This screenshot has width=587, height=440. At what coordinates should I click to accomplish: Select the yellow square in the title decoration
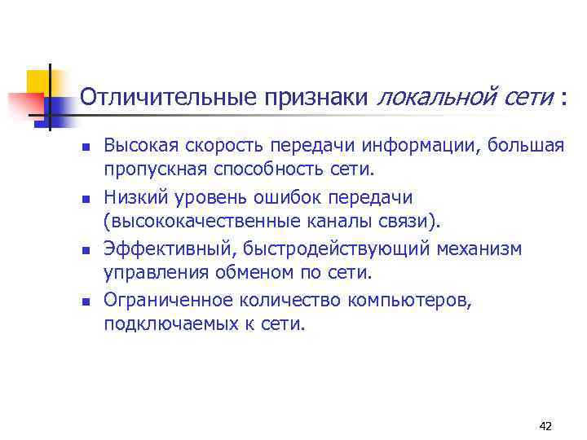coord(38,81)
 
